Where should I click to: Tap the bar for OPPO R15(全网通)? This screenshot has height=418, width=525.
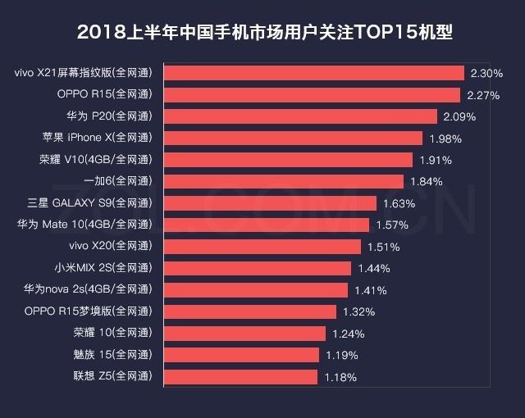point(313,94)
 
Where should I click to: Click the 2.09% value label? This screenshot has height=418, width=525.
point(459,116)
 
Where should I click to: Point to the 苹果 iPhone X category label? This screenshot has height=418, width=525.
point(99,138)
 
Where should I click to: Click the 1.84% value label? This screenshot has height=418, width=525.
point(426,181)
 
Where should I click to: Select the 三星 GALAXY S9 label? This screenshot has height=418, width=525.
point(90,202)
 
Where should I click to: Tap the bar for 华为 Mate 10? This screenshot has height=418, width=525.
point(267,225)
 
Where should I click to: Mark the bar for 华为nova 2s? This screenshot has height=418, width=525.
point(257,289)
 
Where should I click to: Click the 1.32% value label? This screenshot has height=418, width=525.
point(358,311)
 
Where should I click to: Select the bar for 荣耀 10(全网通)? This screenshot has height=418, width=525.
point(245,333)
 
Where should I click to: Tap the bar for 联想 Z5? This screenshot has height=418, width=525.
point(241,376)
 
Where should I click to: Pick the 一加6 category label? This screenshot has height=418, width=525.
point(118,181)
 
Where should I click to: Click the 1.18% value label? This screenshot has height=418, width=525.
point(340,377)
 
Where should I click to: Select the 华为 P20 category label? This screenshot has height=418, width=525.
point(111,116)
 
